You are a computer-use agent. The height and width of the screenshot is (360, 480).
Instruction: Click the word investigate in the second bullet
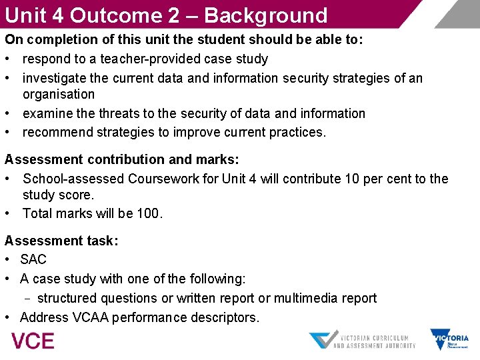point(55,79)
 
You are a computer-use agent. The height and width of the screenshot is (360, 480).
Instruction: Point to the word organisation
point(59,95)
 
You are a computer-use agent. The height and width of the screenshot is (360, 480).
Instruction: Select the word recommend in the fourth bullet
point(57,132)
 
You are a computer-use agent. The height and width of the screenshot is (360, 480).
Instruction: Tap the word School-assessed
point(73,179)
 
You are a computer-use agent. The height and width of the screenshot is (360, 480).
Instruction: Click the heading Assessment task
point(61,241)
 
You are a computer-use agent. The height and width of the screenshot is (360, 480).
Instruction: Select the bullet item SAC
point(33,259)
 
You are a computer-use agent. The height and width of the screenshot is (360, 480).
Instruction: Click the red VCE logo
point(33,341)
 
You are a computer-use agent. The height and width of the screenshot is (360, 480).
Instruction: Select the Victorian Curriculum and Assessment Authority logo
point(363,340)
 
